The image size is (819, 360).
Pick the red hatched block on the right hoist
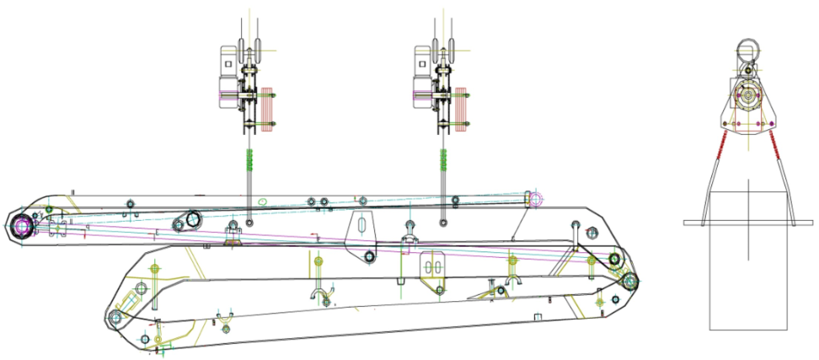pyautogui.click(x=461, y=110)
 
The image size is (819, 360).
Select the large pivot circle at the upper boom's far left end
pyautogui.click(x=22, y=225)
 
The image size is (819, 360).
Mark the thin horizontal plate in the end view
pyautogui.click(x=748, y=223)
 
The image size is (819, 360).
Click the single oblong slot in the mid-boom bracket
pyautogui.click(x=361, y=228)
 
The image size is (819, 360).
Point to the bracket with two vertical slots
pyautogui.click(x=434, y=267)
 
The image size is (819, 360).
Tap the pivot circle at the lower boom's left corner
pyautogui.click(x=117, y=318)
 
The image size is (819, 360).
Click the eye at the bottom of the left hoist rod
pyautogui.click(x=249, y=223)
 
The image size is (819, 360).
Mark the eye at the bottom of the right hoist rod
pyautogui.click(x=443, y=223)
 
